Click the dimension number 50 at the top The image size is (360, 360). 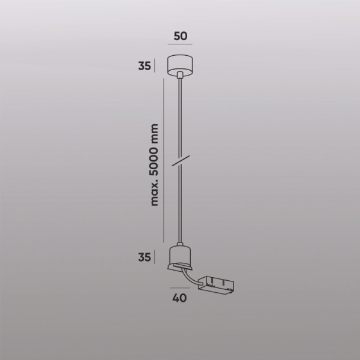pos(180,35)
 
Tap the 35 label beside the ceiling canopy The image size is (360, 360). pos(144,66)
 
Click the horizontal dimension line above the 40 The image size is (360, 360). pos(179,287)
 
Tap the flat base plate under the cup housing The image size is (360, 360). pos(179,266)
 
